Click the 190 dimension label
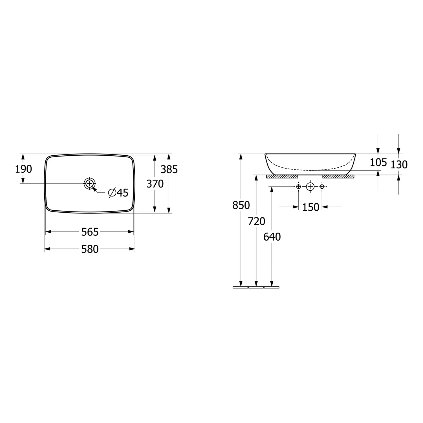pyautogui.click(x=23, y=169)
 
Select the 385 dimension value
pyautogui.click(x=169, y=169)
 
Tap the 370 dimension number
pyautogui.click(x=155, y=184)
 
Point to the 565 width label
pyautogui.click(x=90, y=232)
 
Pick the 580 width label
pyautogui.click(x=90, y=249)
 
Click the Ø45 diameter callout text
pyautogui.click(x=118, y=193)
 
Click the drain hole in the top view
pyautogui.click(x=89, y=184)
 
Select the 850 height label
pyautogui.click(x=241, y=205)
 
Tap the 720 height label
pyautogui.click(x=257, y=222)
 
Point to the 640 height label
pyautogui.click(x=272, y=237)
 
